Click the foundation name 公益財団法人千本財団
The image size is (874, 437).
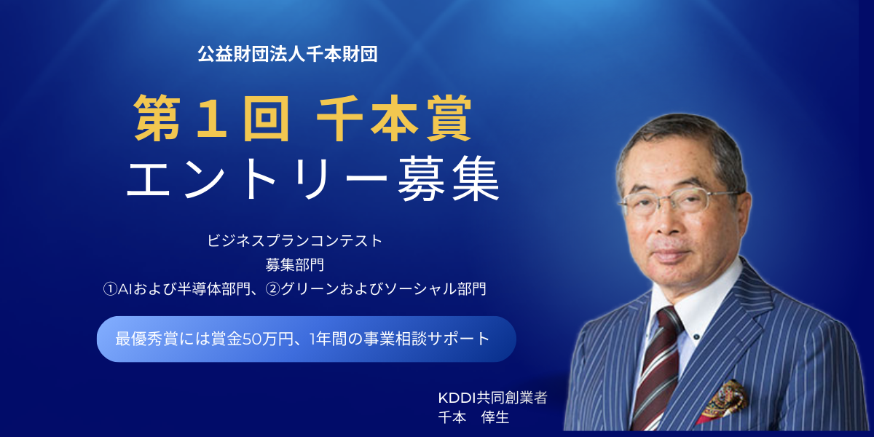pos(288,54)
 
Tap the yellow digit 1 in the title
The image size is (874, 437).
pos(212,118)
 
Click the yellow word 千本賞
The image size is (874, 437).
pos(394,118)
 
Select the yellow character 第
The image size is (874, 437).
pos(157,118)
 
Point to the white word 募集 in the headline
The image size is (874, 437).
pos(449,178)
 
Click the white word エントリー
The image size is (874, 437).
pos(257,178)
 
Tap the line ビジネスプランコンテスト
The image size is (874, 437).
pos(294,241)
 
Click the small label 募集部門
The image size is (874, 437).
pos(294,265)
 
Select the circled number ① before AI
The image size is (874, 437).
pos(110,289)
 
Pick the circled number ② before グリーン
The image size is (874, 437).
pos(272,289)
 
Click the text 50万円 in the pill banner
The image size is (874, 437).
pos(268,339)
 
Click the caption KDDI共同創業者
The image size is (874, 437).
pos(493,398)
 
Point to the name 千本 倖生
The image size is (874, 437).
pos(473,417)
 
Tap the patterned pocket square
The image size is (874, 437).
pos(724,401)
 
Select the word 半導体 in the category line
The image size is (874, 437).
pos(199,289)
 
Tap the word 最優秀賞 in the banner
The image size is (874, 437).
pos(146,339)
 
